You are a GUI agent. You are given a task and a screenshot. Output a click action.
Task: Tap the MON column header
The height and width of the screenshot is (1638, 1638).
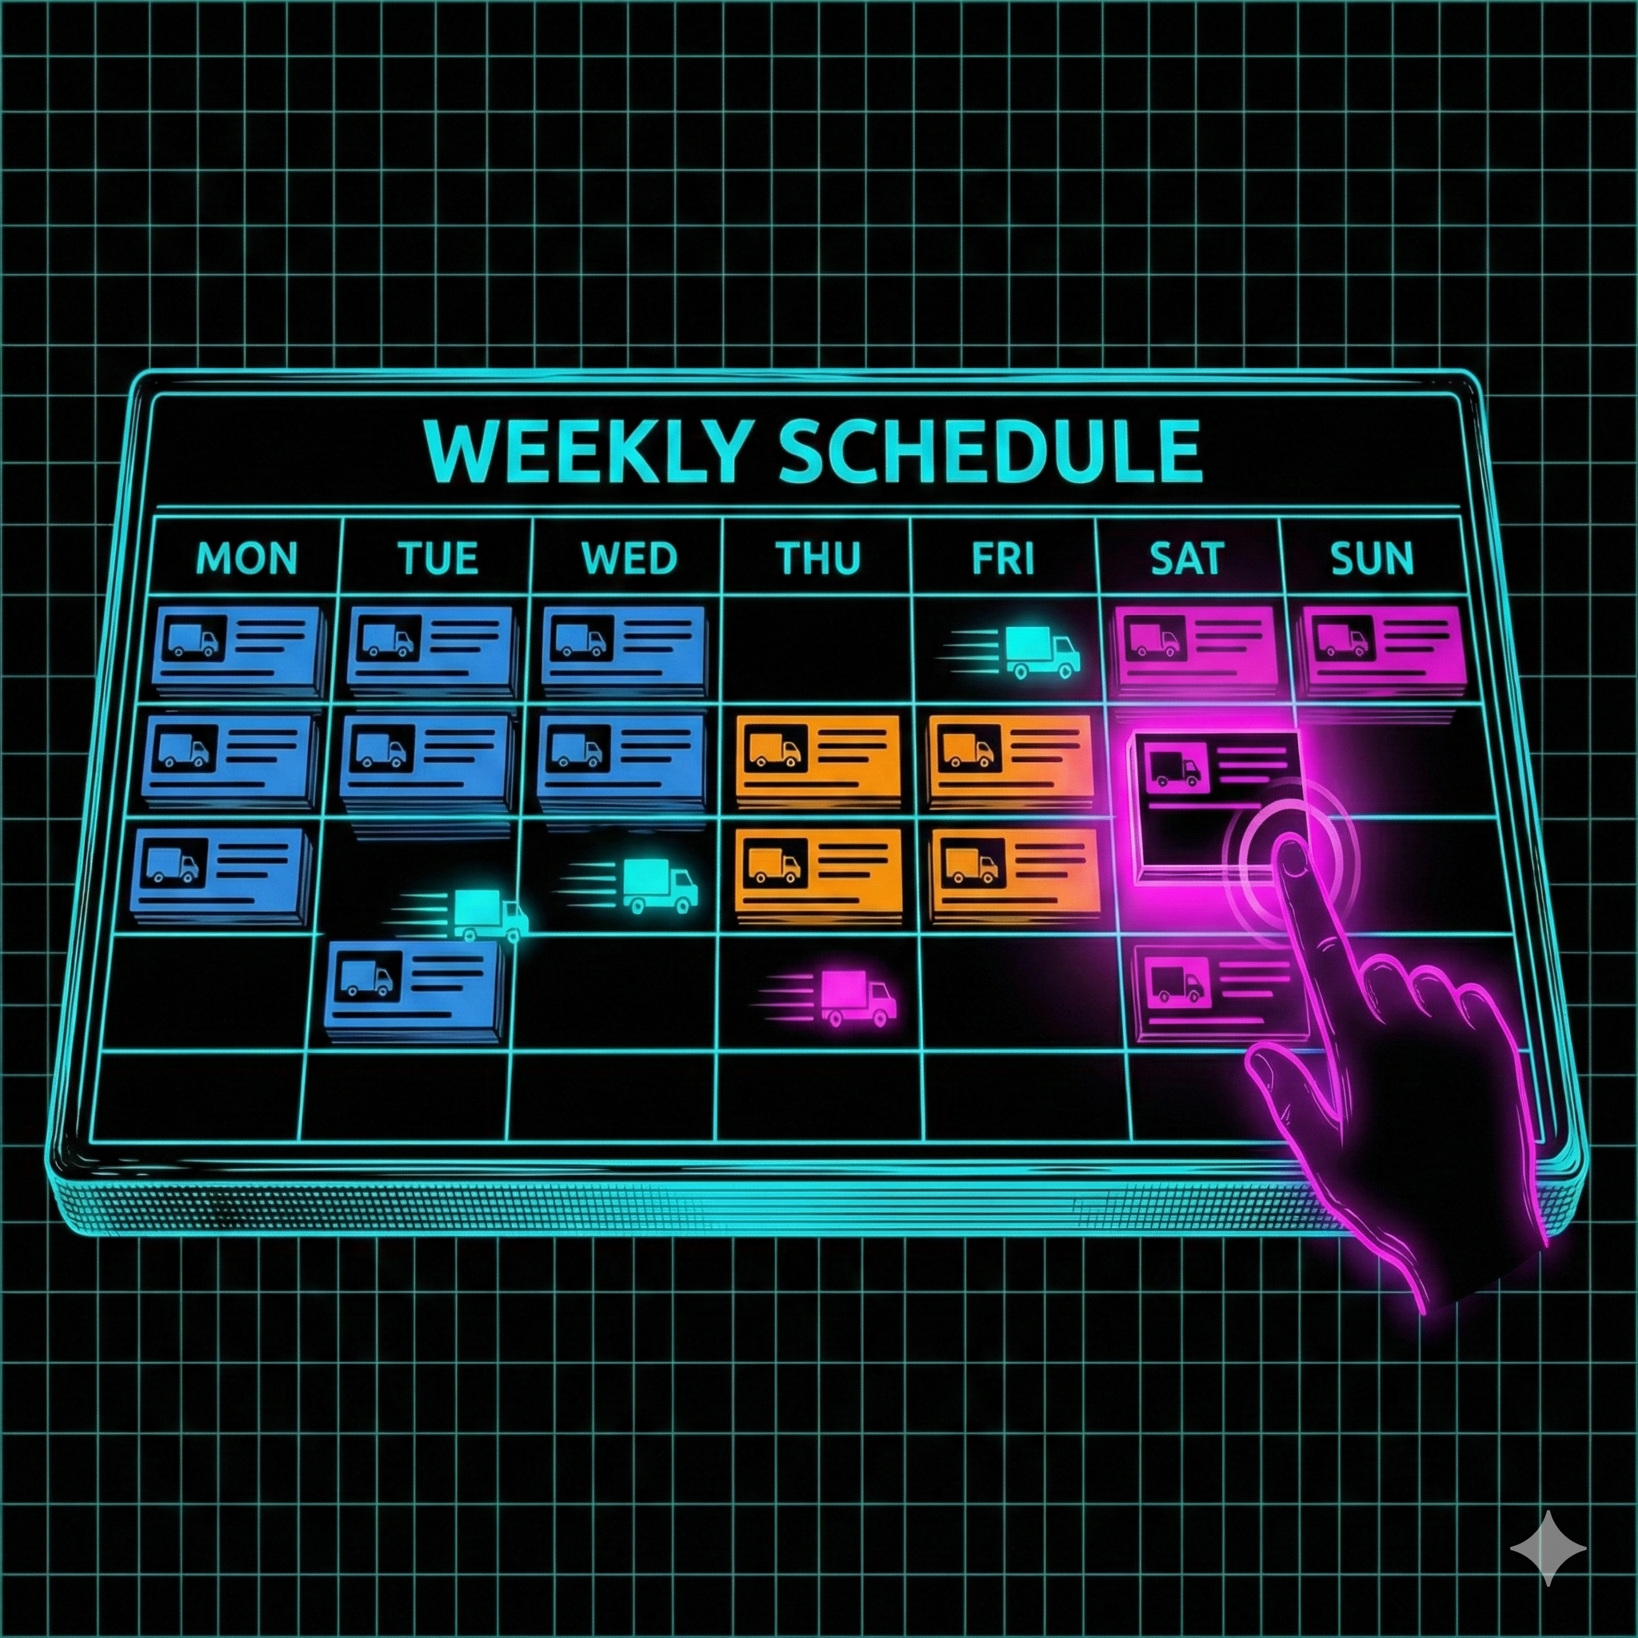246,559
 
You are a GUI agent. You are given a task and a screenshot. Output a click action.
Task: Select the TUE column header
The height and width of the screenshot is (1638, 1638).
437,559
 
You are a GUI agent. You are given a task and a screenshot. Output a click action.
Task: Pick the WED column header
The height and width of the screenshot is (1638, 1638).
629,559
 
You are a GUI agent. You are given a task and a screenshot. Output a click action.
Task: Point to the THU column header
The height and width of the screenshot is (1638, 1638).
817,559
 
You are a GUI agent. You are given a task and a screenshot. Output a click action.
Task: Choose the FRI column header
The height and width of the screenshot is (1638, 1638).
1004,559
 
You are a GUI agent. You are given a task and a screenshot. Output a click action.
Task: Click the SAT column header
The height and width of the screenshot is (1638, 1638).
1186,559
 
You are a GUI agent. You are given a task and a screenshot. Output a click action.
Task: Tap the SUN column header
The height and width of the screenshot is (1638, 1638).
1372,559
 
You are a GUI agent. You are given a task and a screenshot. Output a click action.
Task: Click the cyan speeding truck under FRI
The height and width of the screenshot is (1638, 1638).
1039,651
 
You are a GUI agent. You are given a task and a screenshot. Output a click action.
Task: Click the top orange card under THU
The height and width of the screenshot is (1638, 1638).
817,757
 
